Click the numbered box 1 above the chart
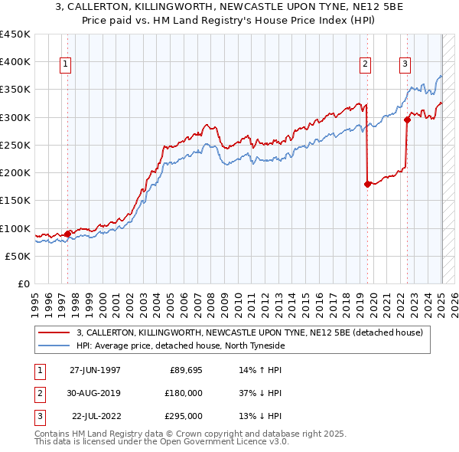66,64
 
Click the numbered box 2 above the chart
366,64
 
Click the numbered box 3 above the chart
405,64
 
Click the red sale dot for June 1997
68,234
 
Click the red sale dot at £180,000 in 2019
368,184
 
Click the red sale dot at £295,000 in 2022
408,120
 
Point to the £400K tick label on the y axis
15,62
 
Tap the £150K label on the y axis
15,201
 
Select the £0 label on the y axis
24,284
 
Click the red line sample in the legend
54,332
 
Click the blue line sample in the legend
54,346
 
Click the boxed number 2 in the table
37,393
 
